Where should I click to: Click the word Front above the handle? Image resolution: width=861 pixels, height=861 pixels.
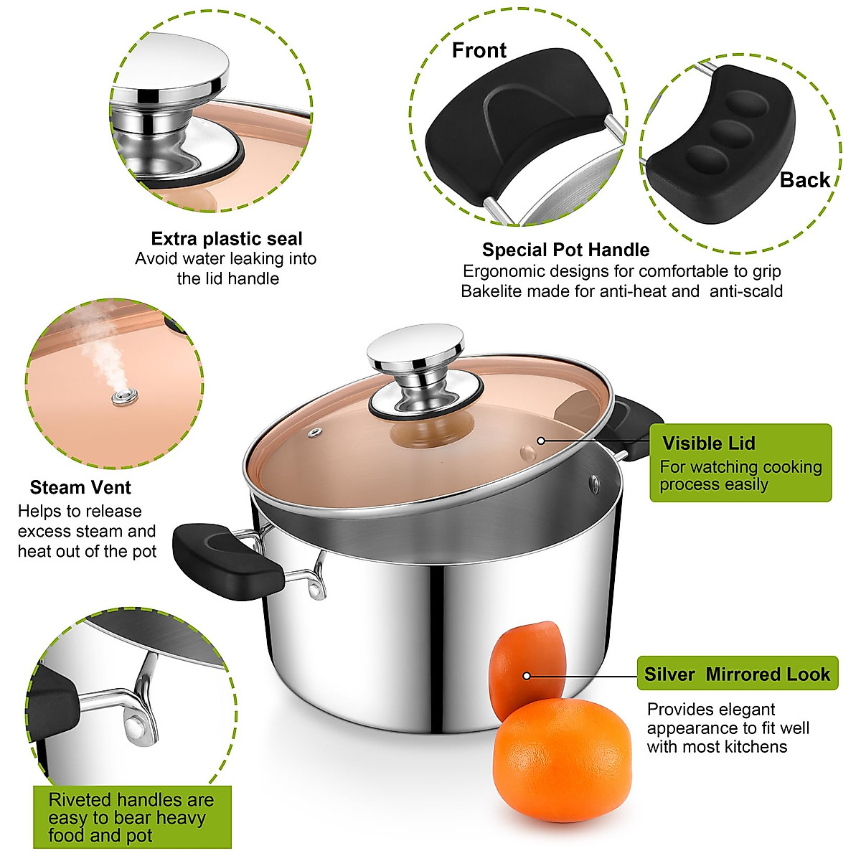coord(479,51)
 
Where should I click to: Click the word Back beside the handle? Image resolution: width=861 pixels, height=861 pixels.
coord(804,180)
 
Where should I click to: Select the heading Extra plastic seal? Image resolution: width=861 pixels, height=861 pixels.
coord(227,239)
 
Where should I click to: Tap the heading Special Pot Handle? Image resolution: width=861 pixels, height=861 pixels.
coord(565,250)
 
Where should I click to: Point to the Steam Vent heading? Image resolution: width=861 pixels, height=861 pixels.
coord(80,488)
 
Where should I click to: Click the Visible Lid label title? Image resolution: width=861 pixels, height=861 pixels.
coord(708,443)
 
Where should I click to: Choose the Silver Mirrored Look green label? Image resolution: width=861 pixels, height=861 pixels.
coord(737,674)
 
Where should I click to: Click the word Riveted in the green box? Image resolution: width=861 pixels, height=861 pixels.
coord(80,800)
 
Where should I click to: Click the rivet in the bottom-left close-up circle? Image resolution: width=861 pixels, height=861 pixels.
coord(133,728)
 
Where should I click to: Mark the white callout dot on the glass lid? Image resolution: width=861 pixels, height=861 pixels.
coord(541,441)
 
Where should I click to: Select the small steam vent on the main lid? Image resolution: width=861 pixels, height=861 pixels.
coord(315,432)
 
